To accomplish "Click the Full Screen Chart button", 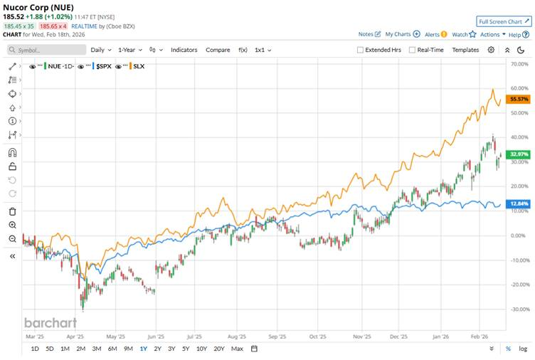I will point(504,21).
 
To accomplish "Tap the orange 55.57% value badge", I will point(517,100).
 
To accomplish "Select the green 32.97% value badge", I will point(517,154).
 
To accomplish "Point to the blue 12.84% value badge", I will point(517,203).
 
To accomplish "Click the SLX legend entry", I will point(139,66).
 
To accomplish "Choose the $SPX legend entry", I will point(104,66).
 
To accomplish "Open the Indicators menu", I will point(184,50).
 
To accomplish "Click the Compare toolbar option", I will point(218,50).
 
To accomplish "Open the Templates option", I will point(465,50).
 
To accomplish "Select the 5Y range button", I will point(186,349).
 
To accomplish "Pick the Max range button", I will point(237,349).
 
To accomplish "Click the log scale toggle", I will point(524,349).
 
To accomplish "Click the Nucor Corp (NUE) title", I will point(38,7).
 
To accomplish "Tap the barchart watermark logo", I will point(49,322).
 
